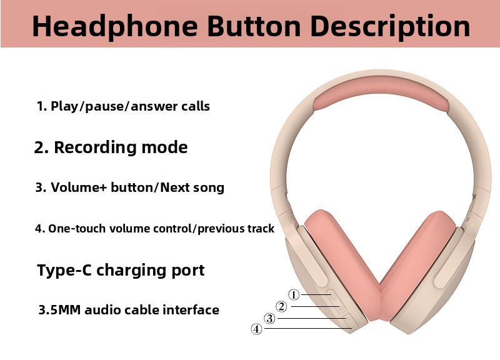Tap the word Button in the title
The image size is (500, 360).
[254, 26]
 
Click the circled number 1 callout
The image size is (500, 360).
[294, 294]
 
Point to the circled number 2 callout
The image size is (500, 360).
[281, 306]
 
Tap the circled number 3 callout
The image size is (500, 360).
[270, 318]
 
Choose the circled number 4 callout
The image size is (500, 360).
[256, 329]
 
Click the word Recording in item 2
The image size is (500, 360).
[96, 147]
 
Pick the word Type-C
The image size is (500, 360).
[64, 270]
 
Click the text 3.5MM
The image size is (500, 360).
[59, 310]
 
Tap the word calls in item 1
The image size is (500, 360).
[196, 106]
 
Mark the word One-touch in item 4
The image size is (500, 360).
[77, 229]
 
